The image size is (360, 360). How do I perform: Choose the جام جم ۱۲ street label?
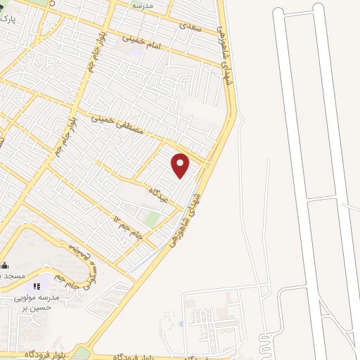click(x=129, y=226)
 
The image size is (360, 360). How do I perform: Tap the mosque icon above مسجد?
click(x=4, y=264)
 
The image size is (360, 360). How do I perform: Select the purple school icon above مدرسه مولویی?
click(x=34, y=286)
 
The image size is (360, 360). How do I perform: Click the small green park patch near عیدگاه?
click(x=151, y=218)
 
